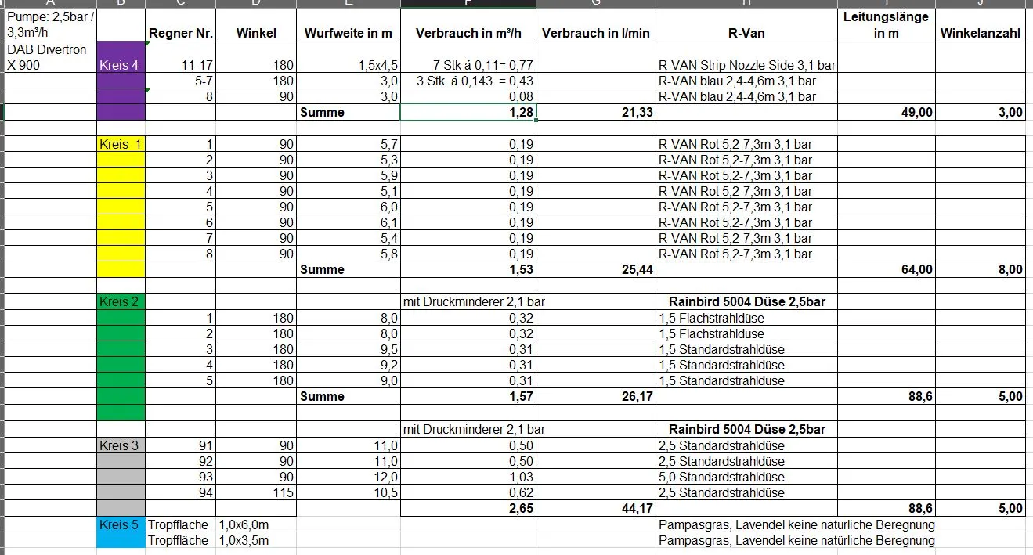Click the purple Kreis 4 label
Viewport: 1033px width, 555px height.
pyautogui.click(x=120, y=65)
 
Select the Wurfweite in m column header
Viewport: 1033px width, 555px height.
pyautogui.click(x=348, y=33)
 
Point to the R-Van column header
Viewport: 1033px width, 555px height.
pyautogui.click(x=746, y=33)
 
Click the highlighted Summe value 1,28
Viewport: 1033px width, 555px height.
pyautogui.click(x=519, y=112)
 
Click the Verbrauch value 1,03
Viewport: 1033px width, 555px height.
pyautogui.click(x=520, y=477)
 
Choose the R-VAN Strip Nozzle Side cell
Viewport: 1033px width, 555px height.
pyautogui.click(x=747, y=65)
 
